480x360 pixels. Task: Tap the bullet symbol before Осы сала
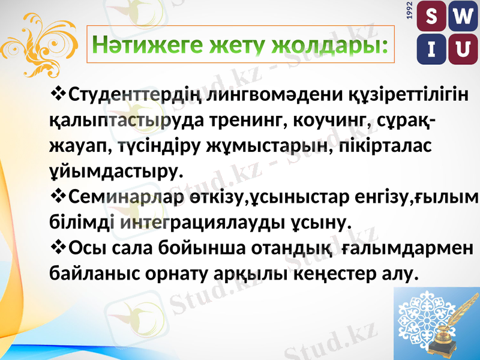(x=59, y=247)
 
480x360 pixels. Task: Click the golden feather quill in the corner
(x=457, y=318)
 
